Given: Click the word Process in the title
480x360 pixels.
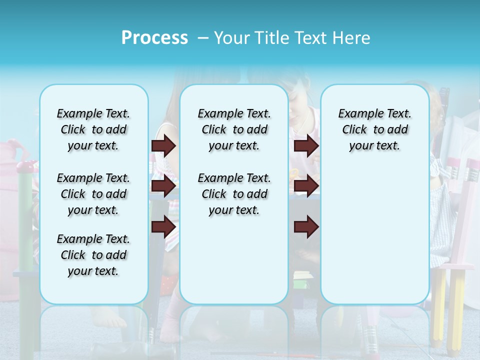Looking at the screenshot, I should pos(154,38).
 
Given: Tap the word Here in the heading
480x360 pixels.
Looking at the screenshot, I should pos(352,38).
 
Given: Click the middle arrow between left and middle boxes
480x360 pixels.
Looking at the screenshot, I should pos(163,186).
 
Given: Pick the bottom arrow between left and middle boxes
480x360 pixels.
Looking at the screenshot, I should pos(163,227).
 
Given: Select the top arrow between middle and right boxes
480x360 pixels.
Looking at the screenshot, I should pos(306,145).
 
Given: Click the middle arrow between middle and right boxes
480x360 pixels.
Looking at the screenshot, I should pos(306,186).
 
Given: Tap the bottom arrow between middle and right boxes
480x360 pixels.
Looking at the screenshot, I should pos(306,227).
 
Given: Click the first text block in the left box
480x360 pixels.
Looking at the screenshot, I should pos(93,130).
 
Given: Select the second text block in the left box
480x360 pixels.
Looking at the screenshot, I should pos(93,194).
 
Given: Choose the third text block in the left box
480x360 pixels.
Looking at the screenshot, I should pos(93,255).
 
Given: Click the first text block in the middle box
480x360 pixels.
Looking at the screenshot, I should pos(234,130).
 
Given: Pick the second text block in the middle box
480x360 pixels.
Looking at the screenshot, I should pos(234,194).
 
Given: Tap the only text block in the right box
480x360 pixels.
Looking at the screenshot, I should pos(374,130).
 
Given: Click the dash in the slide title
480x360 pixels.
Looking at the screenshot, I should pos(203,38).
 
